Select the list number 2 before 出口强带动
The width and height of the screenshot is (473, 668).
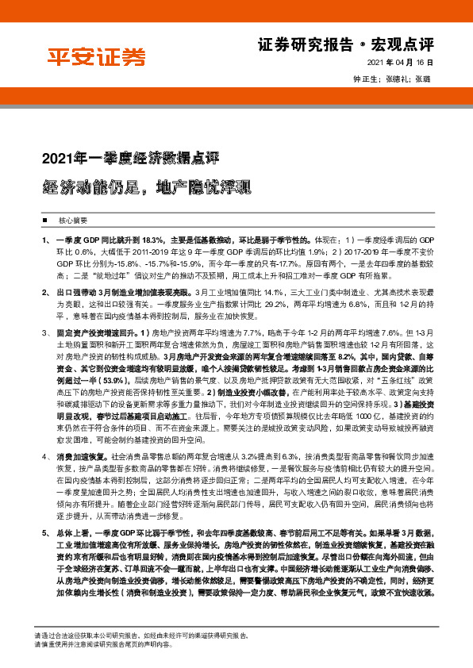(x=44, y=293)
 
